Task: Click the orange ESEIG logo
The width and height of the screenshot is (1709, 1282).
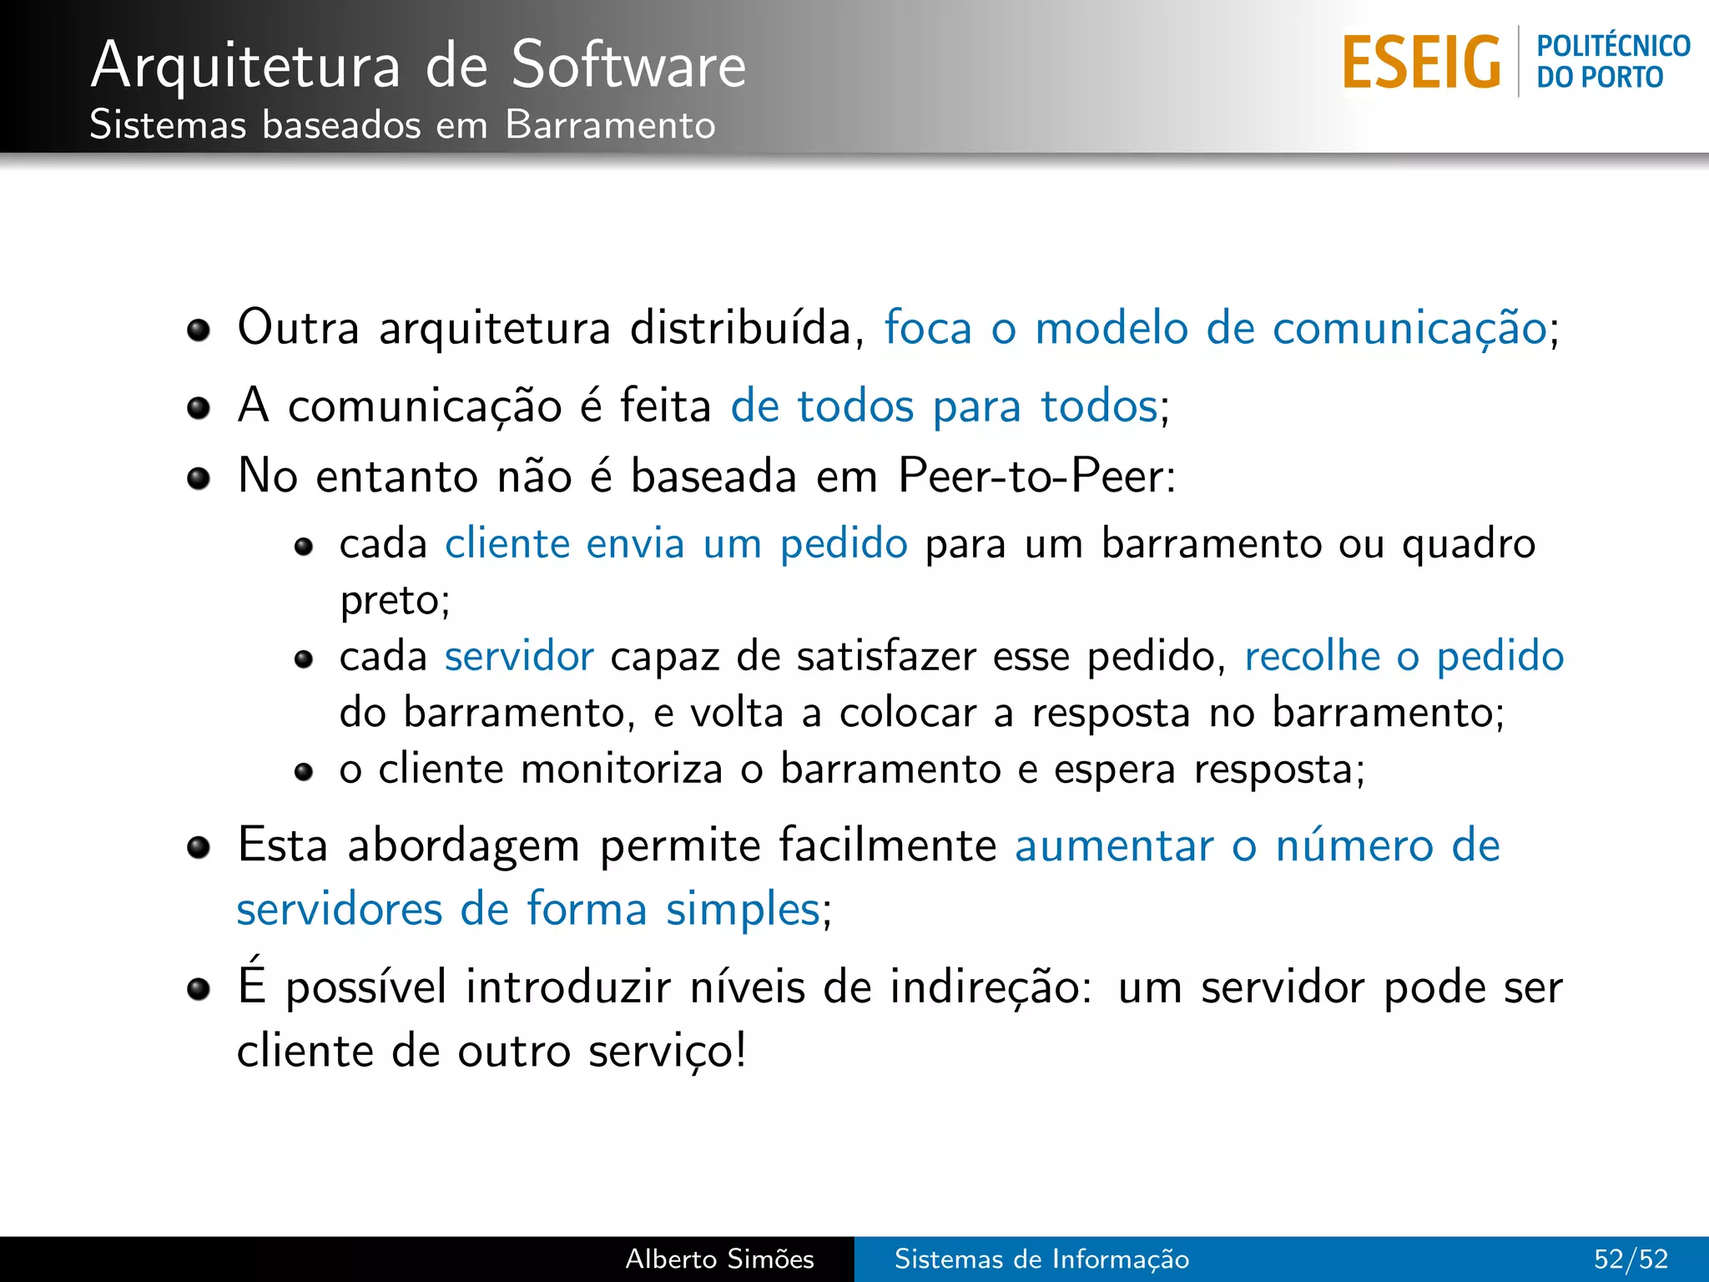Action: [1420, 62]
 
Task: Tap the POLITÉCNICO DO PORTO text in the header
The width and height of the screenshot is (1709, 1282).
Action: [1612, 62]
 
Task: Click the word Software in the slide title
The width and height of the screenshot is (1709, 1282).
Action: [628, 65]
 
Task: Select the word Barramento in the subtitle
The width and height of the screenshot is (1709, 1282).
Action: [610, 125]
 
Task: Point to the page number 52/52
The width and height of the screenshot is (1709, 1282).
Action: [1631, 1259]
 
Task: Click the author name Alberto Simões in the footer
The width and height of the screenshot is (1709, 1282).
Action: [719, 1259]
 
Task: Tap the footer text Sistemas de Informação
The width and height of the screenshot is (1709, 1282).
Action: [1041, 1259]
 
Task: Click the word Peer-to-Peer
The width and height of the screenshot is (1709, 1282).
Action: [1035, 477]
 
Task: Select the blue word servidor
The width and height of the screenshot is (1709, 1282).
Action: [519, 656]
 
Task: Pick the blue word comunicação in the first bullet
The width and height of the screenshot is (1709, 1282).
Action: [1410, 329]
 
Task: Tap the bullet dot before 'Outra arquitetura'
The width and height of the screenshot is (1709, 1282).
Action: [199, 331]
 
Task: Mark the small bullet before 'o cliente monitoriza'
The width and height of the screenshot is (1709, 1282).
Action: [304, 771]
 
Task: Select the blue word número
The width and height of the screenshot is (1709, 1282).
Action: [1354, 845]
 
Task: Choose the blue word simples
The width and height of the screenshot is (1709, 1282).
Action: [743, 909]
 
